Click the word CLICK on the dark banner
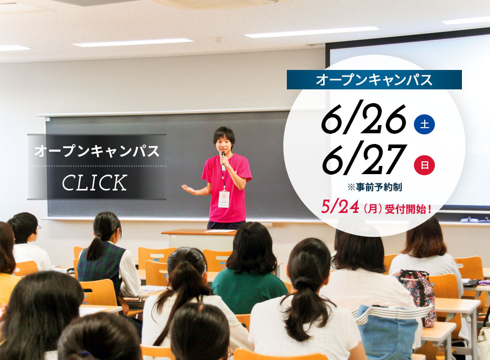click(95, 183)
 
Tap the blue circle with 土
click(424, 125)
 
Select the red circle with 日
click(424, 165)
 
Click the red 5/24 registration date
click(340, 207)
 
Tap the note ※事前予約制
click(374, 187)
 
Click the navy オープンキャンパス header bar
click(374, 80)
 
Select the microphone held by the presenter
click(223, 161)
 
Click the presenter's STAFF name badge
click(224, 199)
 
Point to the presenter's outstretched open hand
click(189, 189)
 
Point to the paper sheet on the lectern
click(220, 231)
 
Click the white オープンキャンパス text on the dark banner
click(97, 151)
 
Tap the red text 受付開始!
click(408, 209)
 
